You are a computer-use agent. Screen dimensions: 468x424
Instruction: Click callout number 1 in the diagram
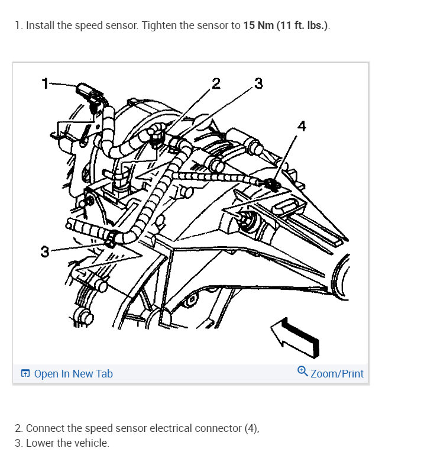click(x=44, y=83)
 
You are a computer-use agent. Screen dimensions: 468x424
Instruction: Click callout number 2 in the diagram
click(x=216, y=83)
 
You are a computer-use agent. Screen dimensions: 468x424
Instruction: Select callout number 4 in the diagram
click(x=302, y=126)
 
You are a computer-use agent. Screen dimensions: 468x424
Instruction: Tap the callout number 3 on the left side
click(x=44, y=252)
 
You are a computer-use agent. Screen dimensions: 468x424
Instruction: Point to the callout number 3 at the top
click(x=258, y=83)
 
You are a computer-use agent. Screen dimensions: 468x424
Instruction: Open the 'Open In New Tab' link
click(x=73, y=373)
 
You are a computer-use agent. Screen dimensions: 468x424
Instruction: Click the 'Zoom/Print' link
click(x=336, y=373)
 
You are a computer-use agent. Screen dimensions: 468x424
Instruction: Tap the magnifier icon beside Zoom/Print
click(x=302, y=372)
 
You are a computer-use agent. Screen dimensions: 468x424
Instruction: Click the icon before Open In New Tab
click(x=25, y=373)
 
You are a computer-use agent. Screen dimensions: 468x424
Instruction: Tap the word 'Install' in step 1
click(x=40, y=26)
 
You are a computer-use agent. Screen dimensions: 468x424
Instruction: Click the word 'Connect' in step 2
click(x=46, y=428)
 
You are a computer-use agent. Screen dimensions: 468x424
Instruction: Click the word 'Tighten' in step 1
click(x=160, y=26)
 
